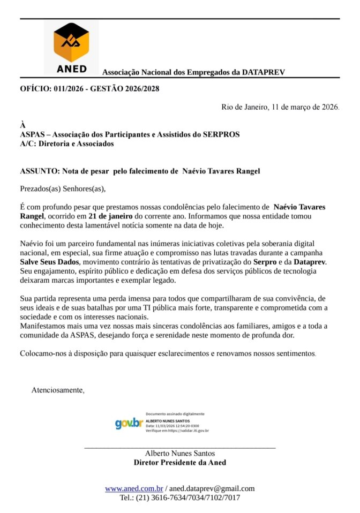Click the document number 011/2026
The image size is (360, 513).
pyautogui.click(x=68, y=89)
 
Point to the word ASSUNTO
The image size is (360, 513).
pyautogui.click(x=39, y=171)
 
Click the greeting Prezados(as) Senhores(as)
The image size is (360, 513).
pyautogui.click(x=63, y=188)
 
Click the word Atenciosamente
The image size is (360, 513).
pyautogui.click(x=58, y=389)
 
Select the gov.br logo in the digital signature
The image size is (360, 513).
pyautogui.click(x=129, y=423)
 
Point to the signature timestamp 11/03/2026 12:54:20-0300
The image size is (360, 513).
pyautogui.click(x=176, y=426)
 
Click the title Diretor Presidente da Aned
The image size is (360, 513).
pyautogui.click(x=180, y=463)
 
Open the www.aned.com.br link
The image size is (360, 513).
pyautogui.click(x=134, y=488)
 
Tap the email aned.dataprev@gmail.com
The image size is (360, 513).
pyautogui.click(x=213, y=488)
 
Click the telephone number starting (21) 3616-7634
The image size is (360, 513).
pyautogui.click(x=180, y=497)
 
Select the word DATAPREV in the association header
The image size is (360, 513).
pyautogui.click(x=264, y=72)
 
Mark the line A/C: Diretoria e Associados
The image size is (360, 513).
pyautogui.click(x=67, y=144)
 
